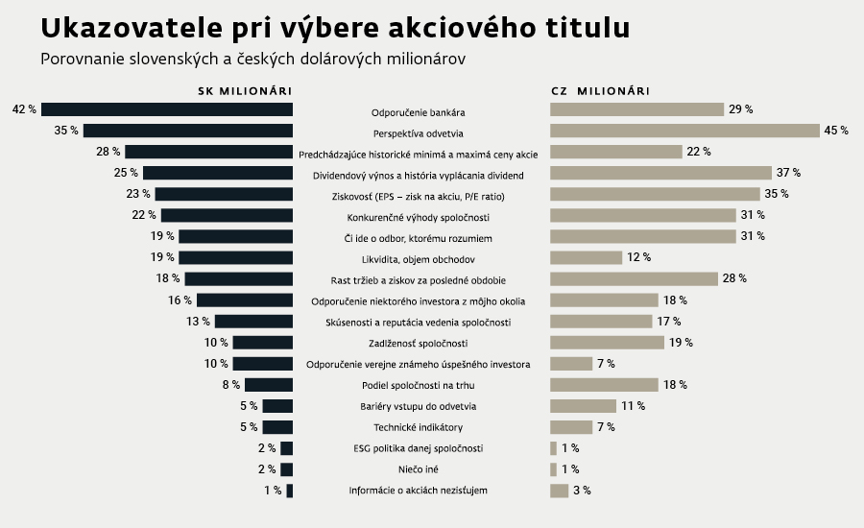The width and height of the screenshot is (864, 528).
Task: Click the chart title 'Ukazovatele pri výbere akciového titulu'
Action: [x=335, y=28]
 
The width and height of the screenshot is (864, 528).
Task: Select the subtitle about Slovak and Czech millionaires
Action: [x=252, y=60]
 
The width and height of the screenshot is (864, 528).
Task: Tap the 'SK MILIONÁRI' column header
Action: [x=244, y=91]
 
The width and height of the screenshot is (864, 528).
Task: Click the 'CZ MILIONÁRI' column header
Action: [x=600, y=91]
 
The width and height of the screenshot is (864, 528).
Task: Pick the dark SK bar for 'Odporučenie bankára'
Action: [x=167, y=109]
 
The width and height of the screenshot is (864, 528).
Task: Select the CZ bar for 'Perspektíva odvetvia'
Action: [x=684, y=131]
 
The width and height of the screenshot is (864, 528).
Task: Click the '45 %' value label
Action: [x=835, y=131]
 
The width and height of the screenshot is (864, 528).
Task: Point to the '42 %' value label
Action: [x=24, y=109]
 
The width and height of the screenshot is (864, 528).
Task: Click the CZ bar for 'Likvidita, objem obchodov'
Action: [x=587, y=257]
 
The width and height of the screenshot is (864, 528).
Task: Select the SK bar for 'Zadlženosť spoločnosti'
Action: [x=262, y=343]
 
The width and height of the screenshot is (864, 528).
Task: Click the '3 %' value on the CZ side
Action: [x=582, y=491]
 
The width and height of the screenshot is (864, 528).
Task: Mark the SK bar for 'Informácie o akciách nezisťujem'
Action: [x=289, y=491]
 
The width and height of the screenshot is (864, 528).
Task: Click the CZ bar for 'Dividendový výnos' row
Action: [x=661, y=173]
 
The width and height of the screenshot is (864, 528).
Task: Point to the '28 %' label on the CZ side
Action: [x=735, y=278]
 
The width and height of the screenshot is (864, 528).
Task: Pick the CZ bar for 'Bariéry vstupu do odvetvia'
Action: [x=583, y=406]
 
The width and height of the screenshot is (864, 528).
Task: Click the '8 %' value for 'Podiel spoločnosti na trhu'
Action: [x=231, y=385]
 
